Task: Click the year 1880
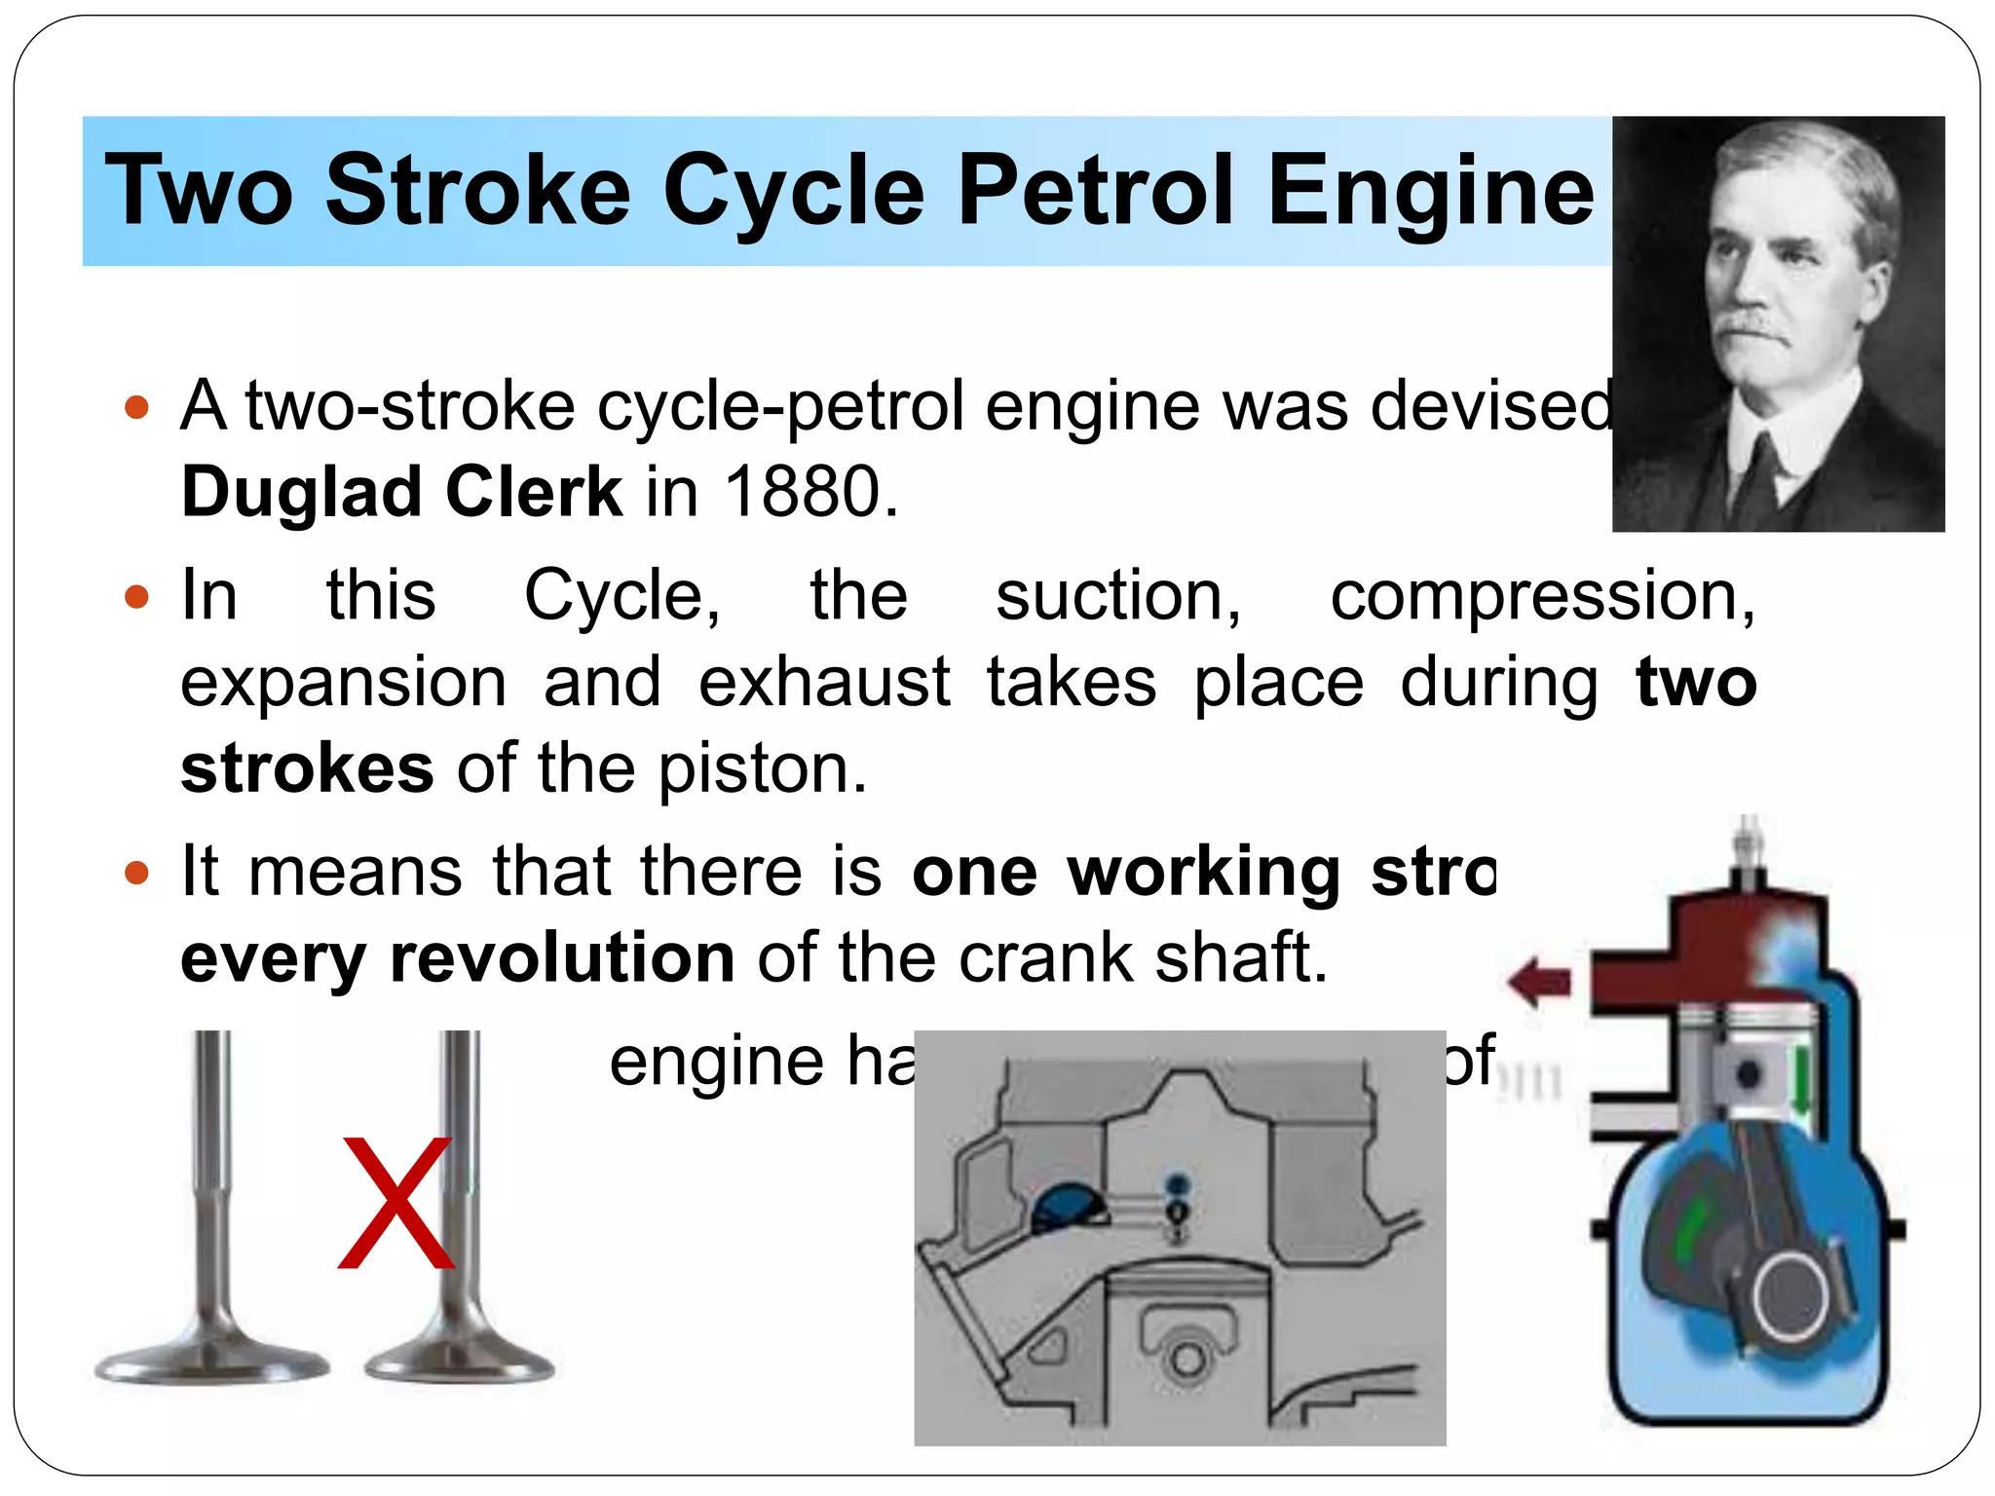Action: tap(803, 491)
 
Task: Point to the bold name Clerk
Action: tap(533, 491)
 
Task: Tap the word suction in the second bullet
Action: tap(1117, 595)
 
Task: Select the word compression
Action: tap(1542, 595)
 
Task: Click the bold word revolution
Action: tap(562, 957)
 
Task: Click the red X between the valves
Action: tap(396, 1204)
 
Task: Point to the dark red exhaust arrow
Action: tap(1540, 981)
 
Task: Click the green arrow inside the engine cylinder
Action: tap(1802, 1081)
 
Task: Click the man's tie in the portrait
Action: tap(1761, 477)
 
